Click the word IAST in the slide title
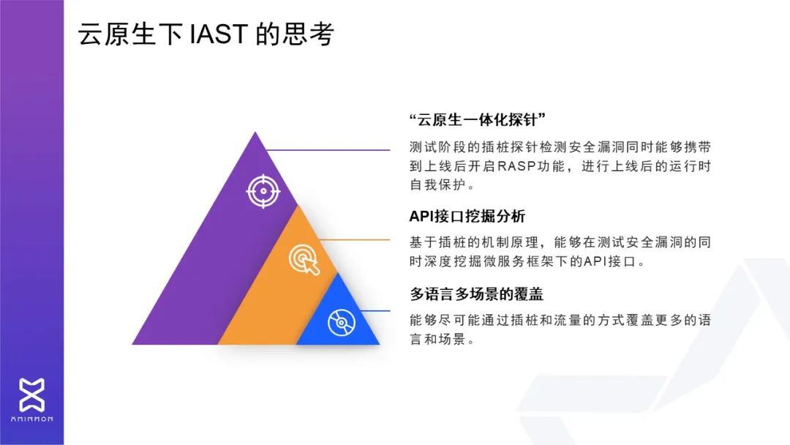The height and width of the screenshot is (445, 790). (x=219, y=34)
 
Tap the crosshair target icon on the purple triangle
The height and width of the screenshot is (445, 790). (x=263, y=192)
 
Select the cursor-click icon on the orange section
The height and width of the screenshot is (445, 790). (x=304, y=260)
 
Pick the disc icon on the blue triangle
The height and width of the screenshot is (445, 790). (x=341, y=323)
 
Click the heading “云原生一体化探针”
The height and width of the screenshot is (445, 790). (x=478, y=119)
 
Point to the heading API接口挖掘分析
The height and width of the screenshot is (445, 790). (x=467, y=216)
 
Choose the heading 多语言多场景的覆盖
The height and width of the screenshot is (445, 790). (x=477, y=293)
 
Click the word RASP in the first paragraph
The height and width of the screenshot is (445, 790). (x=516, y=166)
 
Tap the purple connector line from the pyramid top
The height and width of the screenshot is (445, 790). (x=328, y=150)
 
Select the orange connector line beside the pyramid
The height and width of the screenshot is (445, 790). (x=355, y=240)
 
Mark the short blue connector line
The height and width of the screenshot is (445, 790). (x=375, y=311)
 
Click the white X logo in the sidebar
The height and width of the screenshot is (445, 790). (x=31, y=394)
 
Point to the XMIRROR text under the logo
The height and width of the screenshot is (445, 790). (x=31, y=419)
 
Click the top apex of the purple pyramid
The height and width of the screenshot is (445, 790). (x=255, y=132)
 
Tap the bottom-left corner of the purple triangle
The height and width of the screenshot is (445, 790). (x=132, y=344)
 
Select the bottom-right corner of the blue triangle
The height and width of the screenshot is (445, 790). (x=380, y=344)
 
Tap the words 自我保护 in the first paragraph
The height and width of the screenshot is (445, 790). (x=438, y=185)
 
